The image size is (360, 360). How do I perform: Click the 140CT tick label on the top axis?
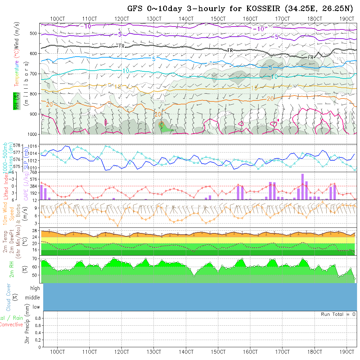click(x=186, y=19)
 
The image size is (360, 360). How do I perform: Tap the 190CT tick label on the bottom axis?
click(x=347, y=352)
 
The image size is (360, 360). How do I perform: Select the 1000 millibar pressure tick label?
click(x=32, y=134)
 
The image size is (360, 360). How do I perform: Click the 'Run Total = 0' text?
click(x=338, y=314)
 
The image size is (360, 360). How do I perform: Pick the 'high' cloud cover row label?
click(x=35, y=288)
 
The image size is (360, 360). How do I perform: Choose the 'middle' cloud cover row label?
click(x=33, y=297)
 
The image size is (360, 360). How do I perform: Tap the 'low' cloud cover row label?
click(x=36, y=307)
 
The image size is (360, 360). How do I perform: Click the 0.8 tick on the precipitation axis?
click(x=37, y=318)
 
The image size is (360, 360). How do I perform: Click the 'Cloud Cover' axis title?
click(x=9, y=297)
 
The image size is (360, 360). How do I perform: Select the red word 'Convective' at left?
click(x=11, y=325)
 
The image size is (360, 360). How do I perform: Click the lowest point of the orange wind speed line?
click(x=118, y=226)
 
